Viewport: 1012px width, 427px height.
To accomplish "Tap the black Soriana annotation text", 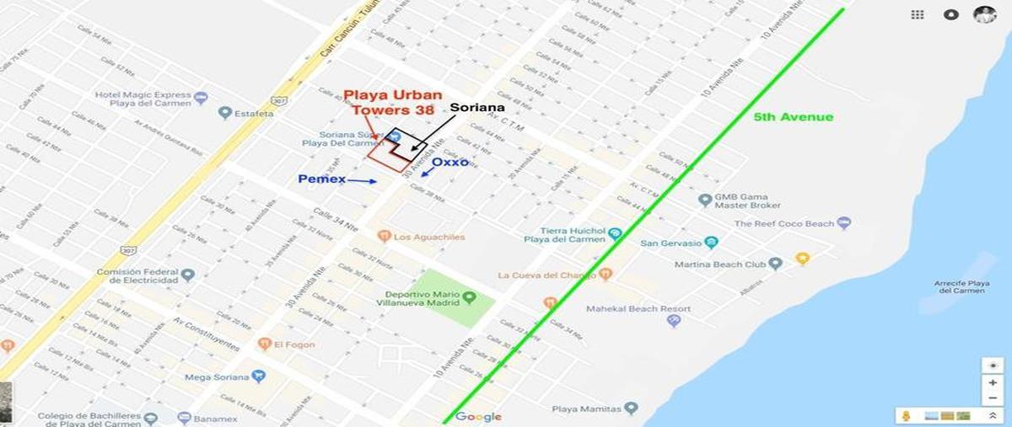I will pyautogui.click(x=476, y=108).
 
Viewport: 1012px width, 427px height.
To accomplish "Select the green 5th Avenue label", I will pyautogui.click(x=793, y=117).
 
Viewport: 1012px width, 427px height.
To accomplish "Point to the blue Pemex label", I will pyautogui.click(x=321, y=179).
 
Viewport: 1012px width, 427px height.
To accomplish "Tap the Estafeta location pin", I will pyautogui.click(x=224, y=112).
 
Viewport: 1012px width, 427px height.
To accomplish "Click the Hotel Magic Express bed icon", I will pyautogui.click(x=200, y=99).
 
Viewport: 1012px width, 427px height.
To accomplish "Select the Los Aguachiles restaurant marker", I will pyautogui.click(x=384, y=237).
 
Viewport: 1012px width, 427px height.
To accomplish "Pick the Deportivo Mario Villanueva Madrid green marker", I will pyautogui.click(x=469, y=297).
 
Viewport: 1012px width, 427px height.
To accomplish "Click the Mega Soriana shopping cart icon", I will pyautogui.click(x=259, y=376).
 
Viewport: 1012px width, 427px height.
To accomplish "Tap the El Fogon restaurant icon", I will pyautogui.click(x=265, y=344).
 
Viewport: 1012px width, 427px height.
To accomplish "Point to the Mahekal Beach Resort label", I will pyautogui.click(x=638, y=309).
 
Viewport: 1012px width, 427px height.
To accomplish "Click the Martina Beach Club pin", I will pyautogui.click(x=775, y=264).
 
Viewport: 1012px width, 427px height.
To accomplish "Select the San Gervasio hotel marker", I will pyautogui.click(x=711, y=243).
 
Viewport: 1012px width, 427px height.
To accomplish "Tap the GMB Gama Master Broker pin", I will pyautogui.click(x=705, y=200).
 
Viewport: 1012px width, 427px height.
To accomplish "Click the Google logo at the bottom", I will pyautogui.click(x=478, y=417).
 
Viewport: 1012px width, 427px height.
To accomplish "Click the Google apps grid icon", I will pyautogui.click(x=918, y=14).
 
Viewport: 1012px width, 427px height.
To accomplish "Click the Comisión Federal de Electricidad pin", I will pyautogui.click(x=188, y=275).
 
